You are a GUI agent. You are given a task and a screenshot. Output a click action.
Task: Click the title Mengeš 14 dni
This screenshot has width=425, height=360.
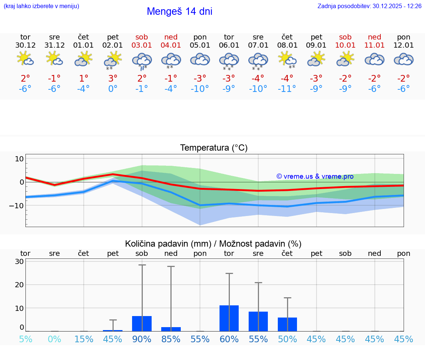(x=179, y=11)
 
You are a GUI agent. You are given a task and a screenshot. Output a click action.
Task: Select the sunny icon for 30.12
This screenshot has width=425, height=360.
(x=25, y=59)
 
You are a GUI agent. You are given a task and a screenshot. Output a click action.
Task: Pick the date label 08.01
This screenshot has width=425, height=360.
(x=287, y=45)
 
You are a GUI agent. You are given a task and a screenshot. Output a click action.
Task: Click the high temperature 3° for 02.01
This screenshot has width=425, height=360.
(x=113, y=78)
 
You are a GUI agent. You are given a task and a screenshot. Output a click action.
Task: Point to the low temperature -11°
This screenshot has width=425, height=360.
(x=287, y=89)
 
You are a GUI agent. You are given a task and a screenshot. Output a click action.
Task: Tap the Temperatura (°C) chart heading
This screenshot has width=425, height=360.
(x=214, y=148)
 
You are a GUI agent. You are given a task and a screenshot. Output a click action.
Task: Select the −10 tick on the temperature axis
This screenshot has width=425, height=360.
(x=17, y=205)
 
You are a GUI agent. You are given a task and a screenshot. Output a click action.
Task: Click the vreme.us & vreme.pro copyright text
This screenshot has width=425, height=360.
(x=315, y=176)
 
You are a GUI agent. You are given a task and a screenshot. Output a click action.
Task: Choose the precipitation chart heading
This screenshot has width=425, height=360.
(x=213, y=244)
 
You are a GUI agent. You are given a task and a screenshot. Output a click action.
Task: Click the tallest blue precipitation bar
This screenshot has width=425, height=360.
(x=229, y=318)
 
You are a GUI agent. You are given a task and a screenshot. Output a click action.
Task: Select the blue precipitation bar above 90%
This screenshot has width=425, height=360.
(x=142, y=323)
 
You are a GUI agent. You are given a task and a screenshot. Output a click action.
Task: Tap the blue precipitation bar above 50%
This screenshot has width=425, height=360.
(x=287, y=324)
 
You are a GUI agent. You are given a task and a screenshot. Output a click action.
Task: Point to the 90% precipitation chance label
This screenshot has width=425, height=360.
(x=142, y=339)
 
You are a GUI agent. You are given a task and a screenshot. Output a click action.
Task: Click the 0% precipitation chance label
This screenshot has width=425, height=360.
(x=55, y=339)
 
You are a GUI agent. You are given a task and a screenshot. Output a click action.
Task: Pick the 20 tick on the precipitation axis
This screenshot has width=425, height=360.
(x=19, y=285)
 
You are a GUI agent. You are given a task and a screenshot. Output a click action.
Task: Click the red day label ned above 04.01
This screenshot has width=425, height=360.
(x=171, y=37)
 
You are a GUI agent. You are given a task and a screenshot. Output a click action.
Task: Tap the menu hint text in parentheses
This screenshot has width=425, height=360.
(x=41, y=6)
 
